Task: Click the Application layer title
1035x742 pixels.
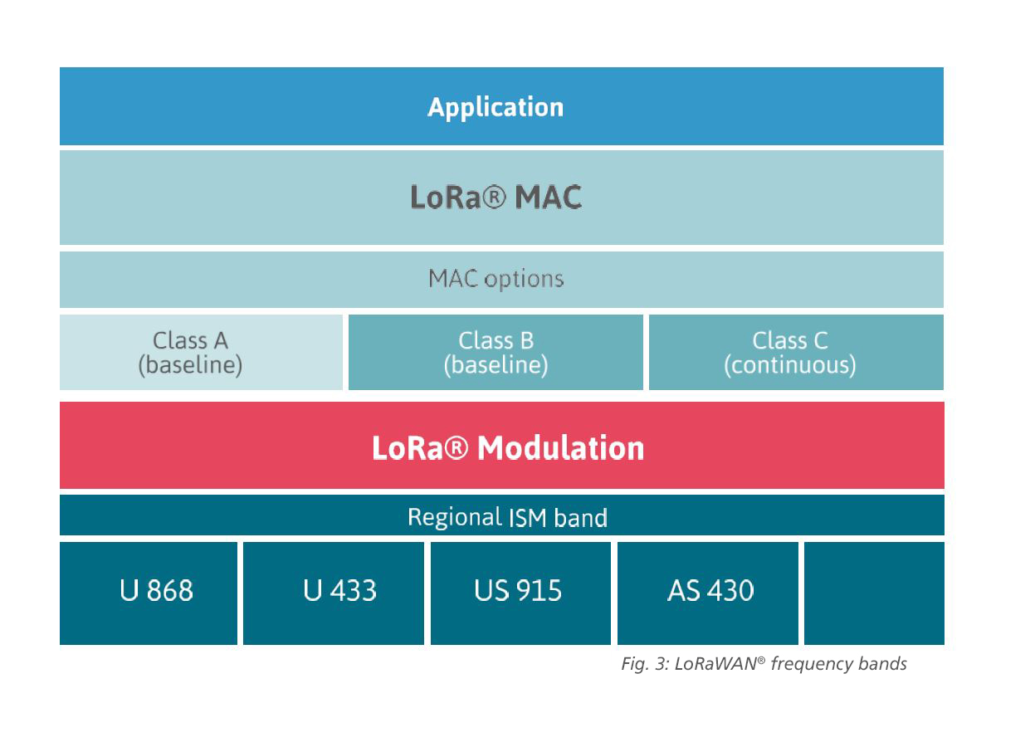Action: pyautogui.click(x=496, y=108)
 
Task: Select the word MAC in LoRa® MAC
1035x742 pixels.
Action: pyautogui.click(x=548, y=198)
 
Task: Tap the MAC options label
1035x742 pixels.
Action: pyautogui.click(x=496, y=279)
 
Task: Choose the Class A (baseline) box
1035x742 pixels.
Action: pyautogui.click(x=201, y=352)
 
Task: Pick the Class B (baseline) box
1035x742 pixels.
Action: pyautogui.click(x=496, y=352)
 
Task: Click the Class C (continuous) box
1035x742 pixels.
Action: pyautogui.click(x=796, y=352)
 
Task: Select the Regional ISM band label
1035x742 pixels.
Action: pyautogui.click(x=507, y=517)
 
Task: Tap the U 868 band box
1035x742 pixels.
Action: pyautogui.click(x=149, y=593)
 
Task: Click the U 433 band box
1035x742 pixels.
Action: pyautogui.click(x=334, y=593)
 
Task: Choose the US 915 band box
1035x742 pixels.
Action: pyautogui.click(x=520, y=593)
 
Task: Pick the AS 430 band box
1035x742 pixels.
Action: pyautogui.click(x=708, y=593)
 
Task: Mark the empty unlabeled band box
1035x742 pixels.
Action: pyautogui.click(x=874, y=593)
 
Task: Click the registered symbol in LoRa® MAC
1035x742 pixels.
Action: pyautogui.click(x=495, y=198)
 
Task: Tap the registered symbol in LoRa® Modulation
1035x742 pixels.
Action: pyautogui.click(x=457, y=447)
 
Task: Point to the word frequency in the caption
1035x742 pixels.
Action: pyautogui.click(x=813, y=664)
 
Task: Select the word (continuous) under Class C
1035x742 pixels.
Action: pyautogui.click(x=789, y=365)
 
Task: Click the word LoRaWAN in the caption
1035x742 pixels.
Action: pyautogui.click(x=716, y=664)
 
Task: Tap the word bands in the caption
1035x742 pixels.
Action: pyautogui.click(x=882, y=664)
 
